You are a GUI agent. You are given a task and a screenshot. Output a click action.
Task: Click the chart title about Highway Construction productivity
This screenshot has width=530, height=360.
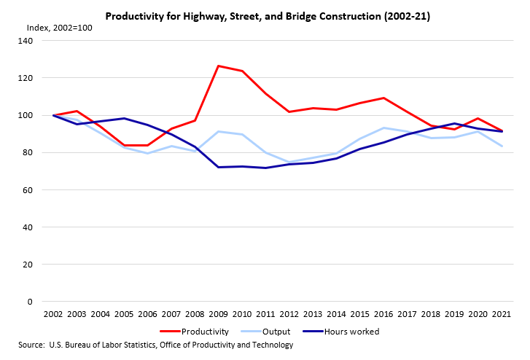click(x=268, y=15)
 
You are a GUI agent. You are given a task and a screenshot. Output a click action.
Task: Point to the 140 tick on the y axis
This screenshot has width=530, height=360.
click(x=35, y=41)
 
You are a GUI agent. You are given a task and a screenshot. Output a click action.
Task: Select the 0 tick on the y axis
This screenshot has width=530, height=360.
click(x=39, y=302)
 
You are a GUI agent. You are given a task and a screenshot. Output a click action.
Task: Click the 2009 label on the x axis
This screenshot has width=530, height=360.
click(x=218, y=314)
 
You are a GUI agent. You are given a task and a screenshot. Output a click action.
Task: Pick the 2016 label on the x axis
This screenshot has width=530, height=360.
click(x=384, y=314)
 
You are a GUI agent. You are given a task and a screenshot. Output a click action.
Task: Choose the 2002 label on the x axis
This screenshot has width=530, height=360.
click(x=52, y=314)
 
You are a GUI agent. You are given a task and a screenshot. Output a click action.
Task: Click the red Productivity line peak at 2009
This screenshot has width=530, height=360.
click(x=219, y=66)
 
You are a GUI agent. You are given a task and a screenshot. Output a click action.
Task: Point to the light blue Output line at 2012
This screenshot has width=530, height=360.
click(x=289, y=162)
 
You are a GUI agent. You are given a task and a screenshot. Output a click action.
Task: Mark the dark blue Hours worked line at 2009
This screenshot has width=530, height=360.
click(x=219, y=167)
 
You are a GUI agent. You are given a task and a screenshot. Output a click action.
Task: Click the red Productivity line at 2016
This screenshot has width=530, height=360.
click(x=384, y=98)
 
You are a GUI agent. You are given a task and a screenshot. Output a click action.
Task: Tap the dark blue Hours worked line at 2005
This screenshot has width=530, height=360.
click(x=124, y=118)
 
